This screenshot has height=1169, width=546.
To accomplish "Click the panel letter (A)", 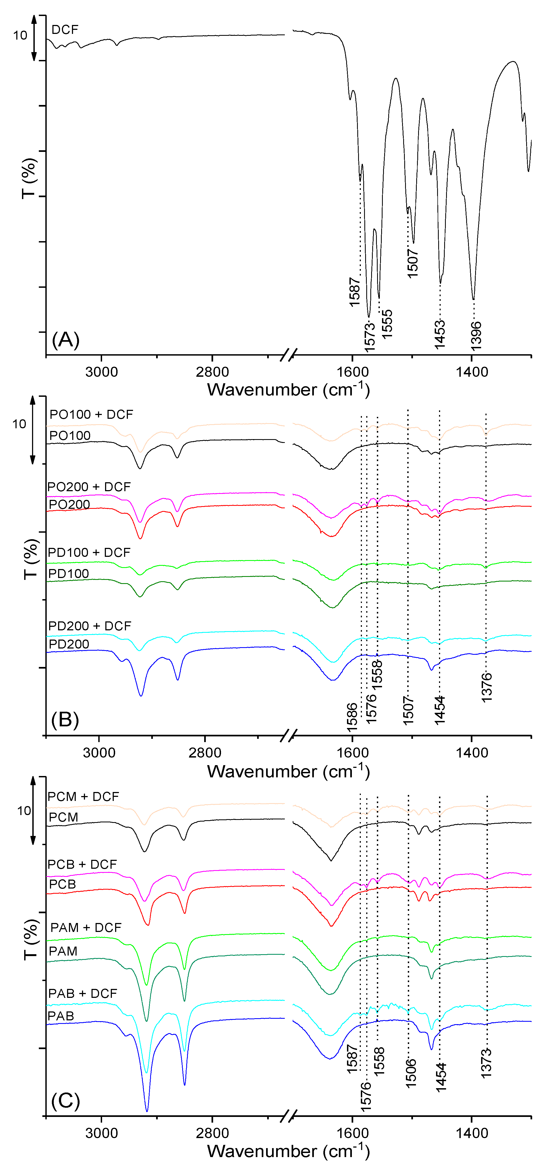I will [66, 340].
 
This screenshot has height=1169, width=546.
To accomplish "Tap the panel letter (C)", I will [66, 1100].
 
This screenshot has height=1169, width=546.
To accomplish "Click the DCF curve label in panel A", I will [65, 30].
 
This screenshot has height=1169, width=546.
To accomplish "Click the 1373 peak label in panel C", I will [487, 1063].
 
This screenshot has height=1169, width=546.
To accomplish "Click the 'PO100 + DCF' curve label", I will [91, 414].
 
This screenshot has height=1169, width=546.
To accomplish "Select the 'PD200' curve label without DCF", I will [69, 644].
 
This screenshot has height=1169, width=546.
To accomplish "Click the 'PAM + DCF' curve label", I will [86, 928].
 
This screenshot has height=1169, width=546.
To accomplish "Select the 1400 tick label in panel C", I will [472, 1133].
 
